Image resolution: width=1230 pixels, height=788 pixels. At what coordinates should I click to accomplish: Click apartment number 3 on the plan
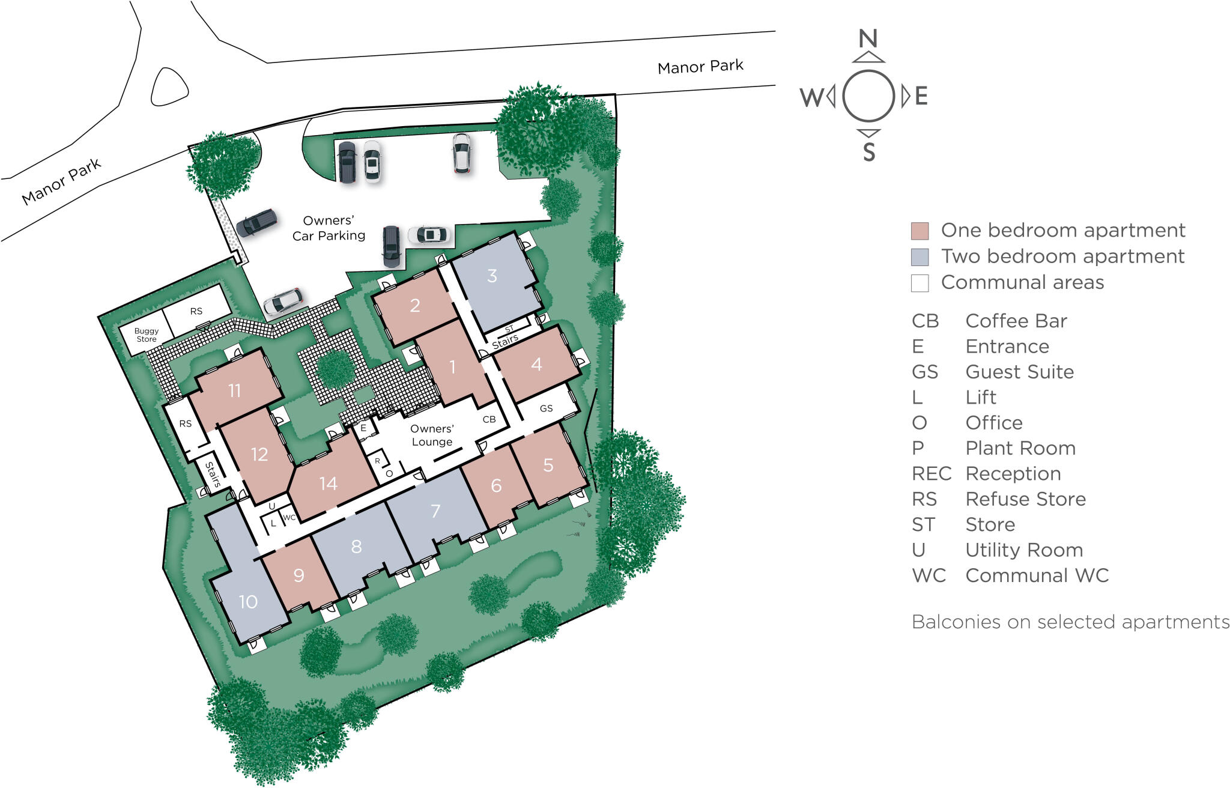point(492,276)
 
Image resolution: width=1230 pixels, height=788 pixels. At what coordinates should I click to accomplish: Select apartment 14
point(328,483)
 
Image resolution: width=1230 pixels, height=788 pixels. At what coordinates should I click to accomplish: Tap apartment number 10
point(248,602)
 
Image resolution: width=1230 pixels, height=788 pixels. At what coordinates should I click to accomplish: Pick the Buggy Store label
point(147,335)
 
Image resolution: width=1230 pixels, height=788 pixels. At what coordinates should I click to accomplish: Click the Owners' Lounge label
point(432,435)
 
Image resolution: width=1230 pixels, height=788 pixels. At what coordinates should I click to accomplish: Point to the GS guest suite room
point(546,408)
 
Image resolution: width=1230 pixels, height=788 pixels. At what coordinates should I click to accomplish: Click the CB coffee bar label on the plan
point(489,419)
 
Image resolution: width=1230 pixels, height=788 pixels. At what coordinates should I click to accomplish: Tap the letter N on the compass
point(868,39)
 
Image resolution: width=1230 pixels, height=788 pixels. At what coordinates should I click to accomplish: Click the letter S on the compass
point(869,152)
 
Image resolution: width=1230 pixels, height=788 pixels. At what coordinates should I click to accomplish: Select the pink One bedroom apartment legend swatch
point(919,231)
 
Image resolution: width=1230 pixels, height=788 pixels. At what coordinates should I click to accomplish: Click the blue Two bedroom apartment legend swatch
point(919,257)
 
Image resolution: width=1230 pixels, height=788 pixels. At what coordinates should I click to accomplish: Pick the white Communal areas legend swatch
point(919,283)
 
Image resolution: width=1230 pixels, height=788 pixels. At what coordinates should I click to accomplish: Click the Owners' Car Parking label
point(329,228)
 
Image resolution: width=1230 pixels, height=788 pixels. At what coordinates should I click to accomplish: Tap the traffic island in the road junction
point(169,88)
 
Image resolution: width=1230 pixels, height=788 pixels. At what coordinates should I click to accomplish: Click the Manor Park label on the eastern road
point(700,67)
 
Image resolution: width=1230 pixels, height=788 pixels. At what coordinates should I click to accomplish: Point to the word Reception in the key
point(1013,474)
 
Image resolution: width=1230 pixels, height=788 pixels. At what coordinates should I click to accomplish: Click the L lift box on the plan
point(273,523)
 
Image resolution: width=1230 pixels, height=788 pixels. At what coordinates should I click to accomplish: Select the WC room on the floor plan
point(289,517)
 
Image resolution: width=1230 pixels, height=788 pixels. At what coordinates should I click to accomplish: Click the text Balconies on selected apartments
point(1070,622)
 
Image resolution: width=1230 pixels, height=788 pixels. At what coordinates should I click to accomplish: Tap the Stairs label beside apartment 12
point(213,474)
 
